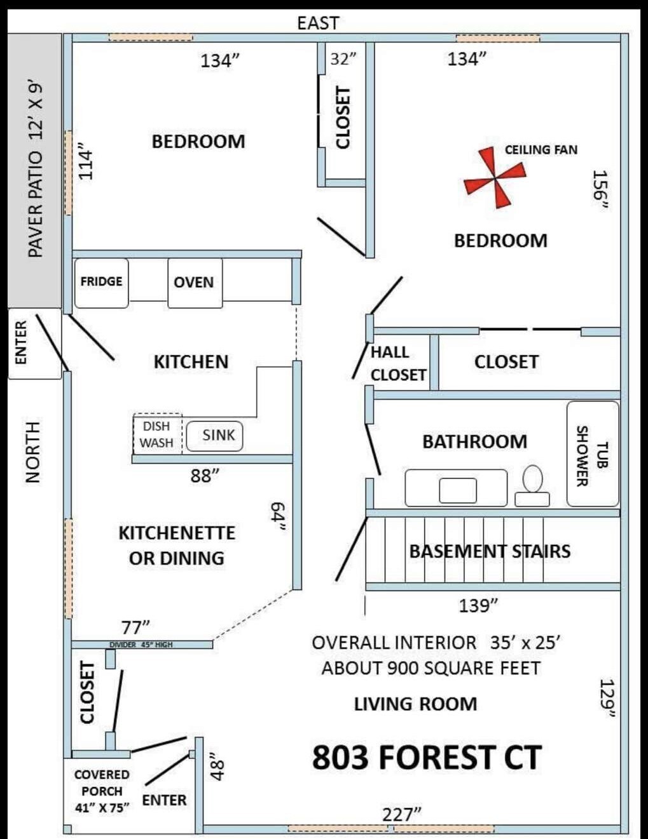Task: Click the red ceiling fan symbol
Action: point(495,178)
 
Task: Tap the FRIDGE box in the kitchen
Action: point(102,283)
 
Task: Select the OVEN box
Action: point(195,283)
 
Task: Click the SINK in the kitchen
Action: point(215,436)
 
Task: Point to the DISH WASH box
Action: point(158,434)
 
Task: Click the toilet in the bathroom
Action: point(532,485)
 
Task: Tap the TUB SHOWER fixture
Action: point(593,453)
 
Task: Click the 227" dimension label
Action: point(402,815)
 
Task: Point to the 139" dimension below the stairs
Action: point(478,605)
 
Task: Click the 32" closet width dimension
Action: point(343,60)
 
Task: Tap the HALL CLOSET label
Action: point(398,363)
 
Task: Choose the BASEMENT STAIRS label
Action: point(490,551)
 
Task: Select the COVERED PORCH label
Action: point(102,783)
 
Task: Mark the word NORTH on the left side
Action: point(33,452)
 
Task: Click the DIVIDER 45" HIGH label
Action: point(141,645)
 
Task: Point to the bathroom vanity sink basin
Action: point(458,490)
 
